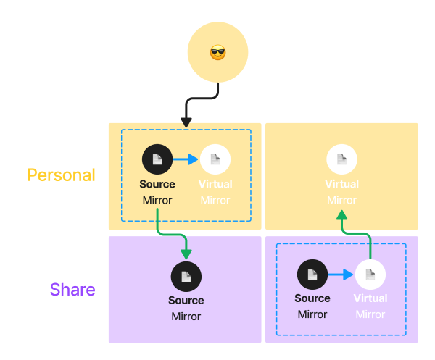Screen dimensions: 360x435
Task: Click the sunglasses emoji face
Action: [x=217, y=53]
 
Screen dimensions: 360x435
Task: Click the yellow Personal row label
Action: [x=61, y=175]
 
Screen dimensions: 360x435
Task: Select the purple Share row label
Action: [x=72, y=290]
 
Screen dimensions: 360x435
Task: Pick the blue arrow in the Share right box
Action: [x=341, y=275]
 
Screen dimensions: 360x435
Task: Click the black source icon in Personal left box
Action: [x=157, y=159]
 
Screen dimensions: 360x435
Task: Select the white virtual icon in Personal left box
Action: [x=215, y=159]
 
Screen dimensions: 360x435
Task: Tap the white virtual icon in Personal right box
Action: [x=341, y=159]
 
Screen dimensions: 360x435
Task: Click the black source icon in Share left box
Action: [x=186, y=276]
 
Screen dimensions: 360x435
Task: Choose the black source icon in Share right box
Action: [x=312, y=275]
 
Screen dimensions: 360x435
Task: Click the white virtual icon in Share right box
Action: [x=370, y=275]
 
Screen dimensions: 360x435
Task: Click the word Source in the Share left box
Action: [x=186, y=301]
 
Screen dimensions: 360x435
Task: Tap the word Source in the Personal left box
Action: [x=157, y=184]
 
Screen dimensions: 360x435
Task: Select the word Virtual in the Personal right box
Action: [x=341, y=185]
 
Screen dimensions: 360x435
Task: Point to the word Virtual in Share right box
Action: [x=370, y=298]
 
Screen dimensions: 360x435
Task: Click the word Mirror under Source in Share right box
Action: [x=312, y=314]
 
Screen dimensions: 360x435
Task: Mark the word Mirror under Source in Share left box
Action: [x=186, y=317]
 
